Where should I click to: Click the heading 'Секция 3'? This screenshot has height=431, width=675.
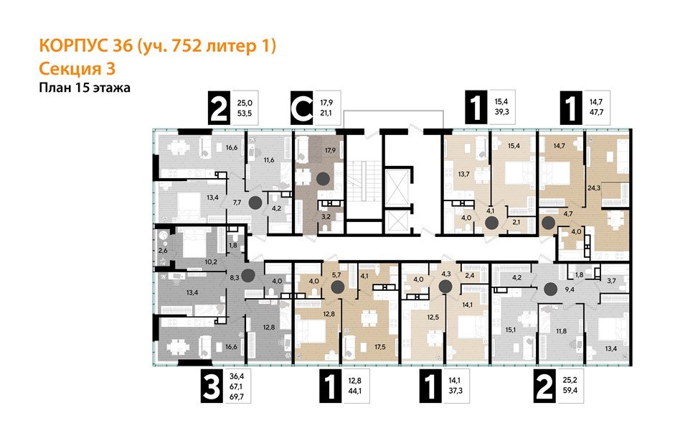[x=77, y=69]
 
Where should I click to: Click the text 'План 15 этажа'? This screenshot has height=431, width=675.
[x=84, y=88]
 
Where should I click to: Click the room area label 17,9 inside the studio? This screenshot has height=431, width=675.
[x=330, y=152]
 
